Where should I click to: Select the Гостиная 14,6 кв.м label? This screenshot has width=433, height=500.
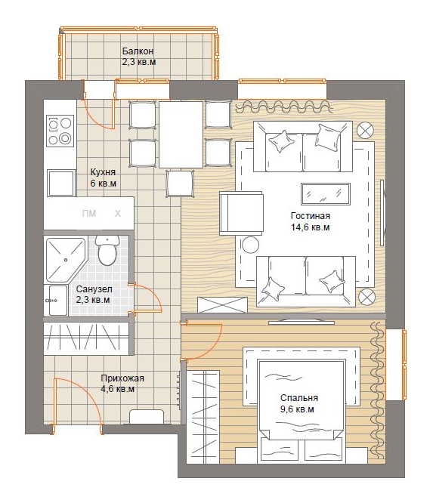[310, 221]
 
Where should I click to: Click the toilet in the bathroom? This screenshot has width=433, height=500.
[107, 250]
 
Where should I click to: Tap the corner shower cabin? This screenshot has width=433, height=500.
[66, 260]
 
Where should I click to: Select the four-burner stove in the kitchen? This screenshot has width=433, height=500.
[60, 131]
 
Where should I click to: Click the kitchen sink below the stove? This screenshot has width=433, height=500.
[61, 183]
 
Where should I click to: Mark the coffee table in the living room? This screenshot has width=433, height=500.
[326, 193]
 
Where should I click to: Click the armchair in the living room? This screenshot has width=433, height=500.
[241, 213]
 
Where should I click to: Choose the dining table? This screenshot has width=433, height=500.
[181, 134]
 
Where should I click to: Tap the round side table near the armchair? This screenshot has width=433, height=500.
[250, 245]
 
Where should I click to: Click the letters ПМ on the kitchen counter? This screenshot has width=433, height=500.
[89, 213]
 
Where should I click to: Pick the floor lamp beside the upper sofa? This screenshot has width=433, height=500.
[365, 131]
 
